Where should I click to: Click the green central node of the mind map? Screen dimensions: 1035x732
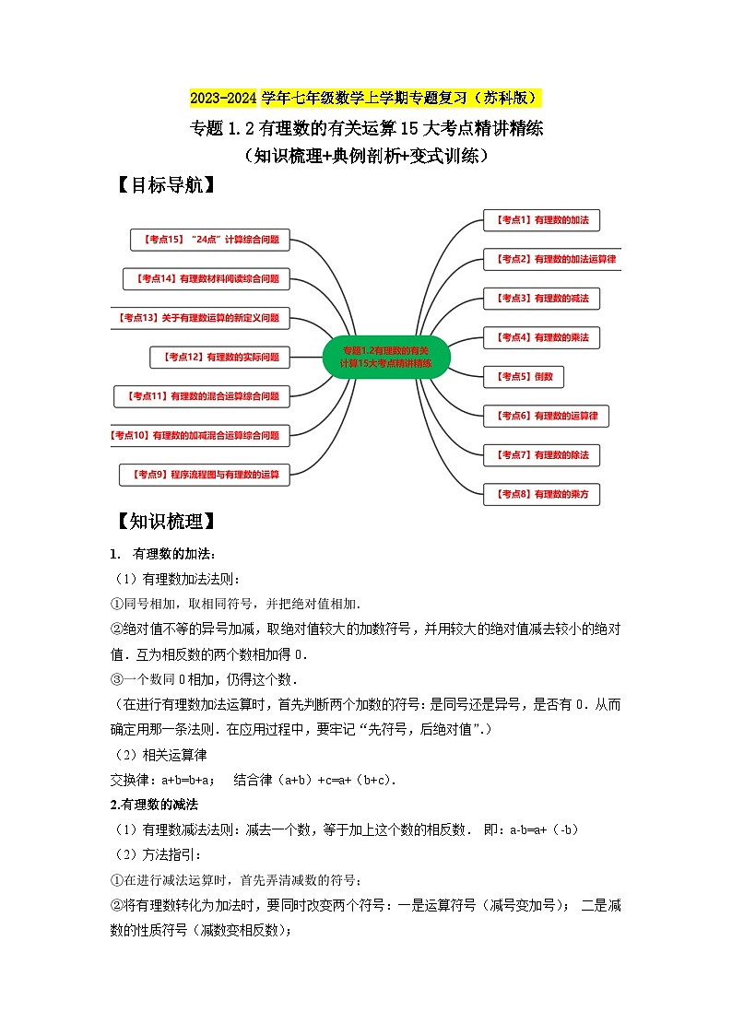(387, 357)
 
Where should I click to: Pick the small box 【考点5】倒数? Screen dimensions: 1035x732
(524, 376)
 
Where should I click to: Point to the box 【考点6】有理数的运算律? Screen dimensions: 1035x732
(547, 416)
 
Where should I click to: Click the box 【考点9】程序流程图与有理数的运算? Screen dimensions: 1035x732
(205, 475)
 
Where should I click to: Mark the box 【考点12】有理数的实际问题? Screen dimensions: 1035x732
(219, 357)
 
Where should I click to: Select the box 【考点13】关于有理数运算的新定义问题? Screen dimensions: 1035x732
(200, 318)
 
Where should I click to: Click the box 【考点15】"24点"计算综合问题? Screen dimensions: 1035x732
(211, 240)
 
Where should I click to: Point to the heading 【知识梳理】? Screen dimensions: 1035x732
(166, 522)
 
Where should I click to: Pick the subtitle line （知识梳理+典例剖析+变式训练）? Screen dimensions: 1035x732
(366, 156)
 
